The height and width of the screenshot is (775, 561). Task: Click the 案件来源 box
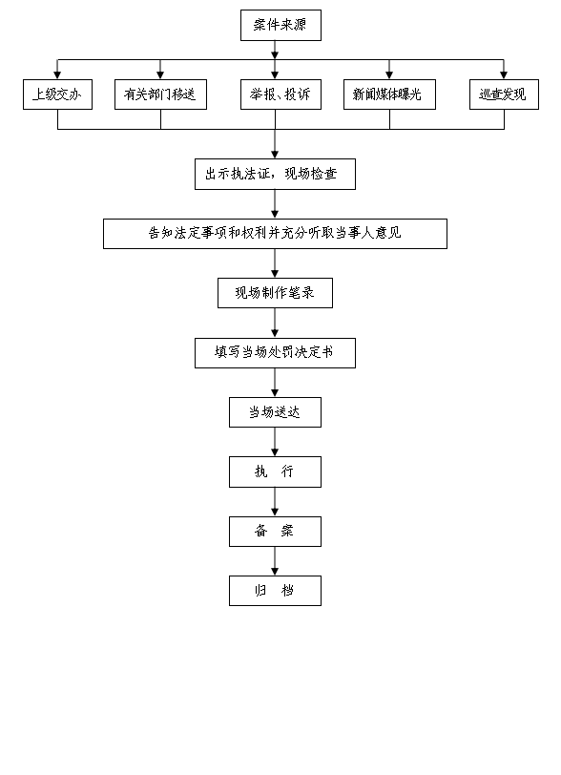[280, 25]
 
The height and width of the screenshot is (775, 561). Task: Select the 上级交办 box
[57, 94]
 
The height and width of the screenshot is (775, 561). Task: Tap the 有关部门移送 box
[160, 94]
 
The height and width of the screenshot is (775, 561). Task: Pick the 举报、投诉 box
[280, 94]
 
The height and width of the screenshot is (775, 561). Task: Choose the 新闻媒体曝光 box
[389, 94]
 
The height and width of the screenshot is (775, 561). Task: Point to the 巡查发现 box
[504, 94]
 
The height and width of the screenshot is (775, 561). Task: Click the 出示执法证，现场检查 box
[275, 174]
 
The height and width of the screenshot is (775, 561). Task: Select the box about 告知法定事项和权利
[275, 234]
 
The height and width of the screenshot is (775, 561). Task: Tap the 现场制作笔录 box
[275, 293]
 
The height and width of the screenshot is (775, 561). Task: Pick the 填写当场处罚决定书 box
[275, 353]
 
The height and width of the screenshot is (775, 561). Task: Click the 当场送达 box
[275, 412]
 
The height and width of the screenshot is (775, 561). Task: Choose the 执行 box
[275, 472]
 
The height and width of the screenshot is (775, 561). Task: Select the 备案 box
[275, 532]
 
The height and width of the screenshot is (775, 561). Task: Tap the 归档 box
[275, 591]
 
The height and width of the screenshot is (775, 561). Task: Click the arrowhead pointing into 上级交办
[57, 75]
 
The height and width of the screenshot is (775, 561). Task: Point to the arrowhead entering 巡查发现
[504, 75]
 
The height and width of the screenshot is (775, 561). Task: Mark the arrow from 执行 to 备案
[275, 502]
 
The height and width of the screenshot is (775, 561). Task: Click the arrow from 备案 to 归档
[275, 561]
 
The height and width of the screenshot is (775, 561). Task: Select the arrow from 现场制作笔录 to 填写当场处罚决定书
[275, 324]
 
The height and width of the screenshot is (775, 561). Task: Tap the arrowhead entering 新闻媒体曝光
[389, 75]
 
